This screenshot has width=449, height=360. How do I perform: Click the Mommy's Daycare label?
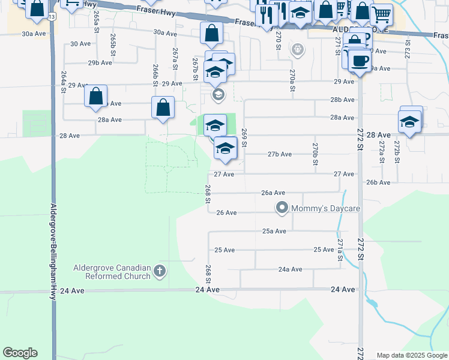pyautogui.click(x=325, y=208)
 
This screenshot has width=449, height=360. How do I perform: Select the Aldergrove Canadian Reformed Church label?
pyautogui.click(x=112, y=272)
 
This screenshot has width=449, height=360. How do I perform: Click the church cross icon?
pyautogui.click(x=160, y=271)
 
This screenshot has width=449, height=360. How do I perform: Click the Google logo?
pyautogui.click(x=20, y=353)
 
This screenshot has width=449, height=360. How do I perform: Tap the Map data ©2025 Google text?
pyautogui.click(x=412, y=355)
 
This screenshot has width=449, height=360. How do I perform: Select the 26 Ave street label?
pyautogui.click(x=226, y=212)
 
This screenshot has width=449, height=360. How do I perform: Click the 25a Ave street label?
pyautogui.click(x=274, y=231)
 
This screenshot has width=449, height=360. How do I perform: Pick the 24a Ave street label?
pyautogui.click(x=290, y=269)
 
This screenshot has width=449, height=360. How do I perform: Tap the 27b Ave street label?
pyautogui.click(x=280, y=154)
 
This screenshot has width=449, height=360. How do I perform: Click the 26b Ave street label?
pyautogui.click(x=378, y=182)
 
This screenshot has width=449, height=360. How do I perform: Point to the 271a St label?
pyautogui.click(x=340, y=250)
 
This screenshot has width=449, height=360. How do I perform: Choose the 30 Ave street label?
pyautogui.click(x=80, y=44)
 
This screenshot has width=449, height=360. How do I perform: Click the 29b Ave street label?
pyautogui.click(x=100, y=62)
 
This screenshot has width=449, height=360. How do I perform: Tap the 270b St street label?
pyautogui.click(x=315, y=154)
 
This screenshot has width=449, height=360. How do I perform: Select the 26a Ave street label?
pyautogui.click(x=273, y=193)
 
